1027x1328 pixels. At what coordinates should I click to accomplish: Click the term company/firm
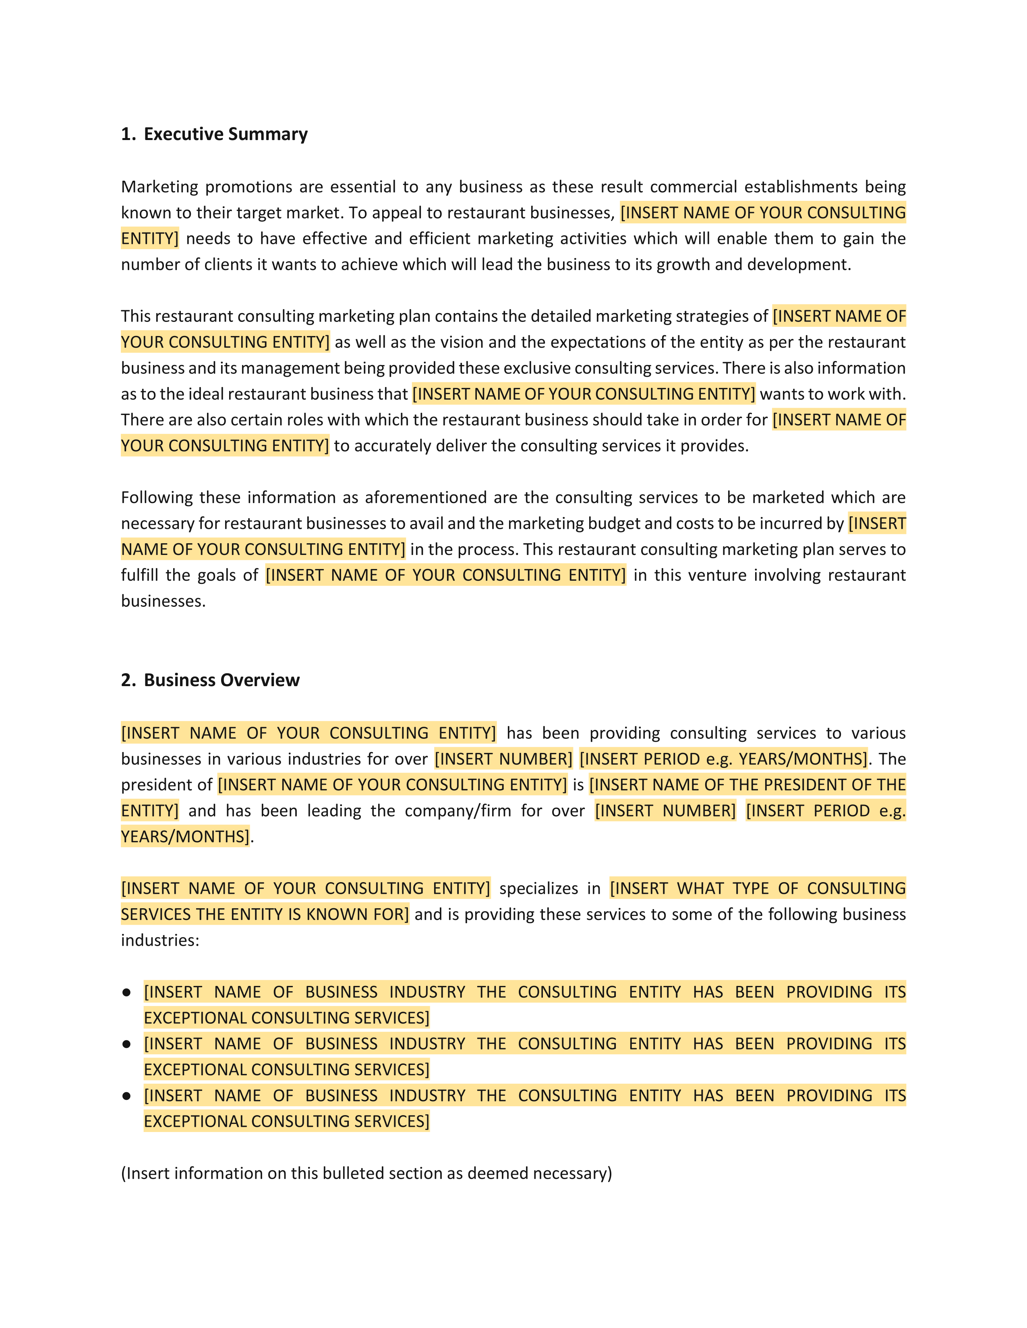458,811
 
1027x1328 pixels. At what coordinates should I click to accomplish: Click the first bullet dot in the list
126,992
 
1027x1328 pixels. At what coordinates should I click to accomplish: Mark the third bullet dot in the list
126,1096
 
